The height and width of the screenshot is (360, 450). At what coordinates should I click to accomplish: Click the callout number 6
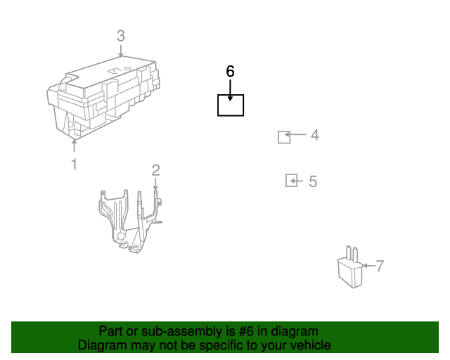[x=230, y=71]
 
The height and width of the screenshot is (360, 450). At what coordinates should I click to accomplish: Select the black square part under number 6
[x=231, y=105]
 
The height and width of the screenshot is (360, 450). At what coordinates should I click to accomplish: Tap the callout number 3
[x=121, y=36]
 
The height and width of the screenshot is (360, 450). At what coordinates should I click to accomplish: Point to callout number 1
[x=75, y=165]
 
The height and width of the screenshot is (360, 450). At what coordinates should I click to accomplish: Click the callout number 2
[x=156, y=170]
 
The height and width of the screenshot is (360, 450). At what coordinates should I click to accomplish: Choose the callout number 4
[x=315, y=135]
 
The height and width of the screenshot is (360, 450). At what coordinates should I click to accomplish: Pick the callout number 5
[x=313, y=181]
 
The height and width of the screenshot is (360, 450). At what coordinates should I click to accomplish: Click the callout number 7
[x=380, y=266]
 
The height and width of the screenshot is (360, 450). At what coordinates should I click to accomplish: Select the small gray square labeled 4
[x=284, y=137]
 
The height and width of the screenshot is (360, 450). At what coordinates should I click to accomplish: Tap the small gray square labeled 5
[x=291, y=181]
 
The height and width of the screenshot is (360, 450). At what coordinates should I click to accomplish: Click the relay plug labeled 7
[x=350, y=268]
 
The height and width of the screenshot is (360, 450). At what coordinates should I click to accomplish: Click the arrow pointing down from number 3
[x=121, y=51]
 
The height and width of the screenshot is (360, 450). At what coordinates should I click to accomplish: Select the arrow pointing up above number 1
[x=75, y=146]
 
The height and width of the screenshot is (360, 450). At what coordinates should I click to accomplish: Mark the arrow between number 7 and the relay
[x=368, y=266]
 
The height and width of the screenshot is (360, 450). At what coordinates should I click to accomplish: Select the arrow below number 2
[x=156, y=184]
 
